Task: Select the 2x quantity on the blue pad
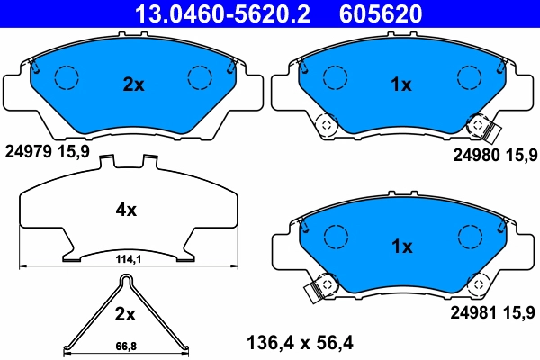(x=133, y=85)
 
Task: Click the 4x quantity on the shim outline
(x=126, y=210)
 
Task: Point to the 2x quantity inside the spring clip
(x=125, y=314)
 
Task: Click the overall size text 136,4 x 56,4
(x=301, y=342)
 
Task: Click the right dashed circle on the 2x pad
(x=200, y=79)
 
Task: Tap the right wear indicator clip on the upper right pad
(x=484, y=131)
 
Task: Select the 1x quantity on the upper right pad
(x=400, y=85)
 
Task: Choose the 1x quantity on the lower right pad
(x=400, y=246)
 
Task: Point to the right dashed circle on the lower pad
(x=470, y=238)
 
